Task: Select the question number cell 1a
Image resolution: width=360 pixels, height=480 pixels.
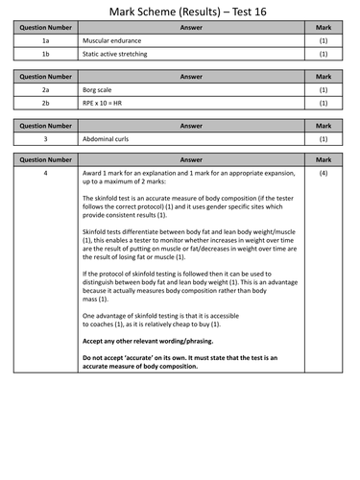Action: (45, 41)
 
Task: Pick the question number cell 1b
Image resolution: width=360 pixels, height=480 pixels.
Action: (45, 55)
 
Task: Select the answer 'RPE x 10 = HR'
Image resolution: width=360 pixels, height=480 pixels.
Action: (107, 104)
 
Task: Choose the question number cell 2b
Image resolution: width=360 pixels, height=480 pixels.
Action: (45, 104)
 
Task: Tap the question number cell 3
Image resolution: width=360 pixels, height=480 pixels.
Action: (45, 139)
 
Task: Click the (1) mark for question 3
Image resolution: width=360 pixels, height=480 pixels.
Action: (324, 139)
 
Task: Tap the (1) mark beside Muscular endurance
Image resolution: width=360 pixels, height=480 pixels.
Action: (324, 41)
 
